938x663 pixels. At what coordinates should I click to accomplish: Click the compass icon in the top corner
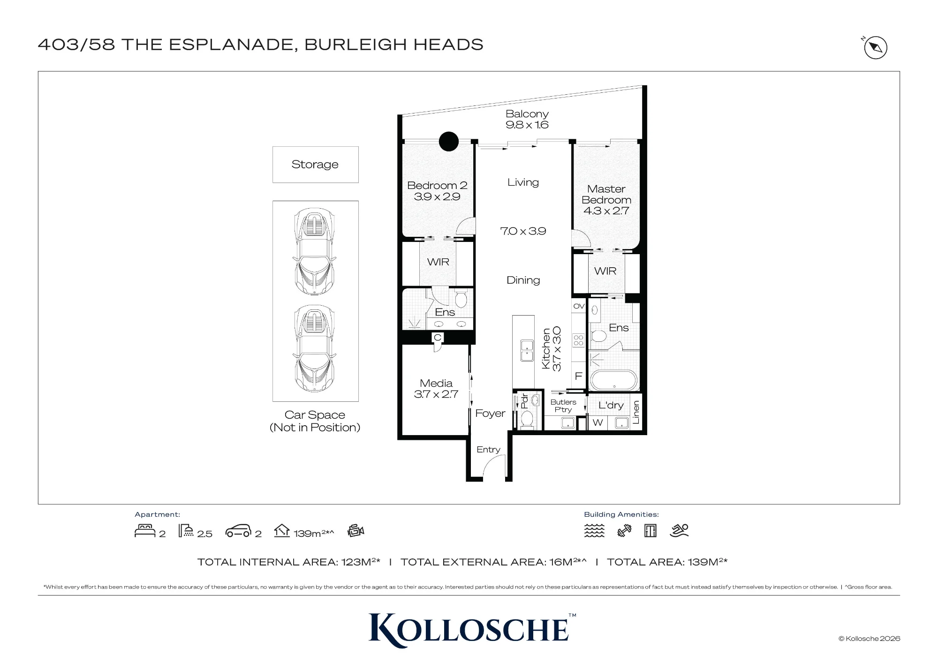(875, 47)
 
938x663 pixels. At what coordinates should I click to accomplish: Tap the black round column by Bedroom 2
(449, 142)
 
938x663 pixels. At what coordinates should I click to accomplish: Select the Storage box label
(315, 165)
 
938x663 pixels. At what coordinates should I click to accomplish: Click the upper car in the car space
(314, 251)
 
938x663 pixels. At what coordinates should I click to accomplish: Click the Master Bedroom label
(606, 194)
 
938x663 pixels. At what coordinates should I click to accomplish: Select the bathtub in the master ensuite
(614, 380)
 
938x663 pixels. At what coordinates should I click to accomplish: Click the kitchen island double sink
(527, 351)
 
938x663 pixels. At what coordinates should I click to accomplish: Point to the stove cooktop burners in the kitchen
(578, 340)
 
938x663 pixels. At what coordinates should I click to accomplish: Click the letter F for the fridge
(578, 376)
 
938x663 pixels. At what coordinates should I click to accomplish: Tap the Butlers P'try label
(563, 406)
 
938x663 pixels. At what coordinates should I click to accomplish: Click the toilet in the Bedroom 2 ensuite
(461, 298)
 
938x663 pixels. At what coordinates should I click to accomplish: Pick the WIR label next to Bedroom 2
(438, 262)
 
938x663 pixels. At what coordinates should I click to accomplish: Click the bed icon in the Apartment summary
(145, 530)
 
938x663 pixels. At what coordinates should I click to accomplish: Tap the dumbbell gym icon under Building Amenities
(624, 531)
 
